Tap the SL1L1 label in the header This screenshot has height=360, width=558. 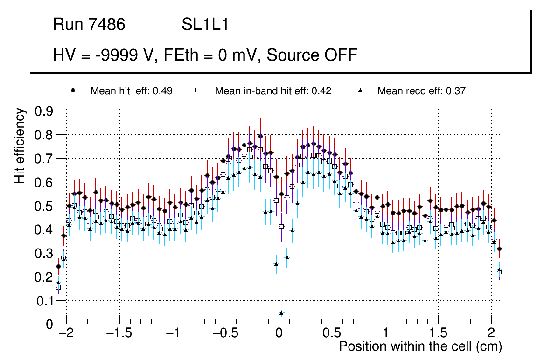[x=205, y=25]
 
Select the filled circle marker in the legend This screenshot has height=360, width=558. [x=73, y=90]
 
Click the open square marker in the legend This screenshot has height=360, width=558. [x=197, y=90]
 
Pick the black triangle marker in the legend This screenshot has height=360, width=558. [x=360, y=90]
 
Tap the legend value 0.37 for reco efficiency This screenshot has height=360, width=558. [x=456, y=91]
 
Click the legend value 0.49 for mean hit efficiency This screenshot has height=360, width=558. [x=163, y=91]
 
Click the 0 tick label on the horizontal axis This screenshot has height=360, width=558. [x=279, y=334]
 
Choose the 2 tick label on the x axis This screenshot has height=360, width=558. [x=491, y=334]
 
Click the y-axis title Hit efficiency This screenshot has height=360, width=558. [x=20, y=145]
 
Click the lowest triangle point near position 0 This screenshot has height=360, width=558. [x=281, y=313]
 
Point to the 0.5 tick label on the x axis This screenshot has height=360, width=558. [x=332, y=334]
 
